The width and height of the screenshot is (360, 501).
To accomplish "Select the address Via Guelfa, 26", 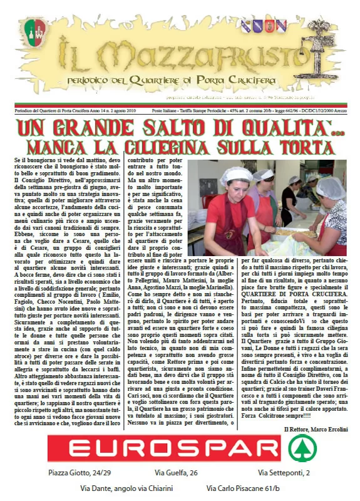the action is pos(176,490).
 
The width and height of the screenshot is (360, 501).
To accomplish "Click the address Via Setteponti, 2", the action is pos(284,490).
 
